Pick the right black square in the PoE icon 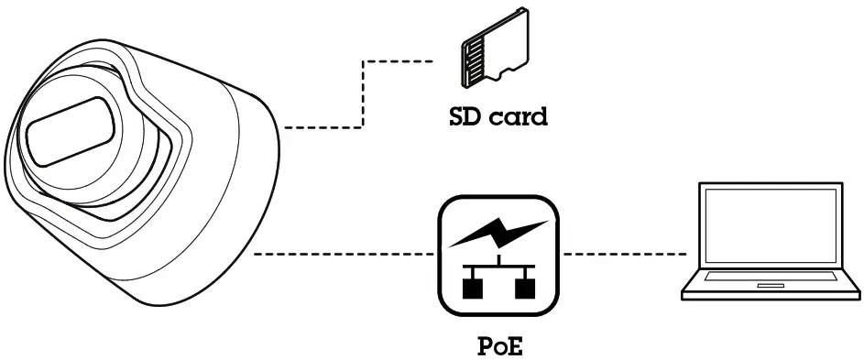[x=525, y=289]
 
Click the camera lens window [x=69, y=133]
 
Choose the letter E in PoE [x=520, y=348]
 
